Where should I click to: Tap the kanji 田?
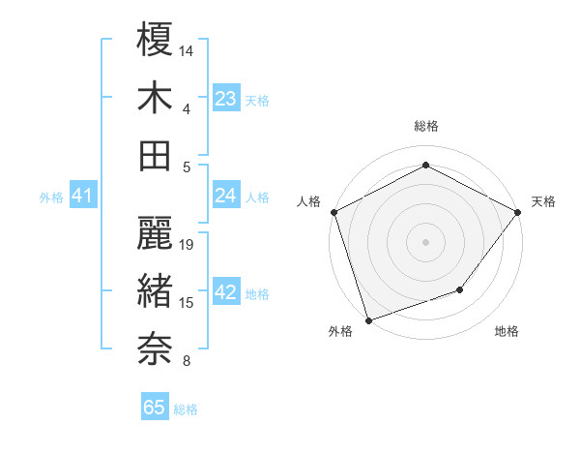[x=155, y=156]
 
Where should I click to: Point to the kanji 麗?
[x=155, y=235]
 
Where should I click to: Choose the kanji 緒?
[x=155, y=291]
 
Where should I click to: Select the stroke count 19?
[x=188, y=246]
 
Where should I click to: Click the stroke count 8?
[x=186, y=362]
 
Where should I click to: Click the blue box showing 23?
[x=226, y=99]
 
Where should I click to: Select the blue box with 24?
[x=226, y=196]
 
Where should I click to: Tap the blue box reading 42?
[x=226, y=293]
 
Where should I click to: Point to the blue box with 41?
[x=82, y=197]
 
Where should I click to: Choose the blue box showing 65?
[x=155, y=408]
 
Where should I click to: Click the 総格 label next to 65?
[x=186, y=409]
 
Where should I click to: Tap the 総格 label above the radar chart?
[x=425, y=126]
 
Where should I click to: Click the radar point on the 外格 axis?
[x=368, y=320]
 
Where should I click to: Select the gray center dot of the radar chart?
[x=425, y=242]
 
